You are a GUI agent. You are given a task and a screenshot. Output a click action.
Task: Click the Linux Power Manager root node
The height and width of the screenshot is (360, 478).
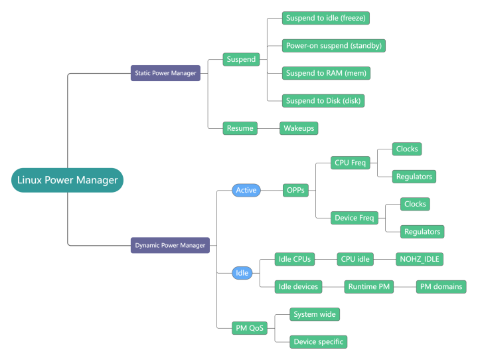click(67, 180)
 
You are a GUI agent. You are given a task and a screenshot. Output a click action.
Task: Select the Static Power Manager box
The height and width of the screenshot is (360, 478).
click(165, 73)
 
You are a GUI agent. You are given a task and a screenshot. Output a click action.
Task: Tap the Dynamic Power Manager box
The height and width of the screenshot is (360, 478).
click(170, 245)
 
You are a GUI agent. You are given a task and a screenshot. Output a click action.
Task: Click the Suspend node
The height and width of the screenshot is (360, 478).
click(241, 59)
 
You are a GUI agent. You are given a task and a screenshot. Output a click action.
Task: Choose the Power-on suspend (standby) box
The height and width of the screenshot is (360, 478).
click(334, 45)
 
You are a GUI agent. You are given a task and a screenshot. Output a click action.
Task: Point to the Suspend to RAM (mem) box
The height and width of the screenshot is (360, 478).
click(325, 72)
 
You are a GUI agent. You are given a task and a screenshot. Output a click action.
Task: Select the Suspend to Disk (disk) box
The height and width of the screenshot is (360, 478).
click(323, 100)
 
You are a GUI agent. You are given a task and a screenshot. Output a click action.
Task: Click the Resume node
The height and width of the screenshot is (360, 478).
click(240, 128)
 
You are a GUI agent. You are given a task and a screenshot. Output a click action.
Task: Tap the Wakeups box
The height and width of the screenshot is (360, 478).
click(299, 128)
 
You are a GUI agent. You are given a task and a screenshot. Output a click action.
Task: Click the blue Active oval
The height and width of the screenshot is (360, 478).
click(246, 191)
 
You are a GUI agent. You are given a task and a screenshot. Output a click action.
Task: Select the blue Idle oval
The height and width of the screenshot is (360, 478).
click(242, 273)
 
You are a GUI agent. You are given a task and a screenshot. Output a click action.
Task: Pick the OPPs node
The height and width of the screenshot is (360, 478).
click(295, 191)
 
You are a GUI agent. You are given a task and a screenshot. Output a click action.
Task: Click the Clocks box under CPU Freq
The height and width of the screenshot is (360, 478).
click(407, 149)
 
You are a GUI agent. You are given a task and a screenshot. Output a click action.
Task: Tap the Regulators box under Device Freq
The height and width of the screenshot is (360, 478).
click(422, 231)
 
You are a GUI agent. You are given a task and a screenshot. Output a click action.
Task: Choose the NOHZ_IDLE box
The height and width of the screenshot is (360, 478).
click(419, 259)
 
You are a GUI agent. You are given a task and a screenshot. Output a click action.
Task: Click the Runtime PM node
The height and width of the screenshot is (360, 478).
click(368, 287)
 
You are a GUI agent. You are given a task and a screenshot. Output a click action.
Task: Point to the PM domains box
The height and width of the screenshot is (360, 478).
click(441, 287)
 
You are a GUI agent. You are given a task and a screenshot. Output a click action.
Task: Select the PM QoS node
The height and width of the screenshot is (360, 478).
click(250, 327)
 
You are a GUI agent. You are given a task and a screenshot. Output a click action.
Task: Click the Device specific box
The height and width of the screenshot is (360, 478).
click(318, 341)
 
